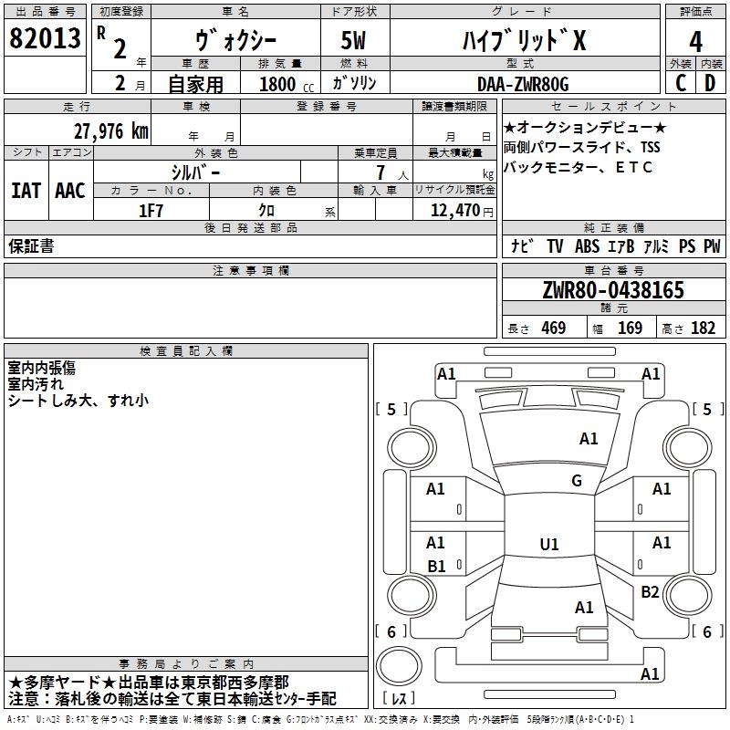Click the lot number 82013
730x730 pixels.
(45, 37)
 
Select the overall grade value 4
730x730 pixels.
(695, 41)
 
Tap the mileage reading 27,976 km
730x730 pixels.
(111, 131)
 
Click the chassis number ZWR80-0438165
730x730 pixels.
(613, 289)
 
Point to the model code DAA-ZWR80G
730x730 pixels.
(523, 84)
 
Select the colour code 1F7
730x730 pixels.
(151, 211)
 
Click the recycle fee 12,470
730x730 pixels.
(454, 210)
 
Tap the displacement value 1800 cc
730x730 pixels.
(287, 84)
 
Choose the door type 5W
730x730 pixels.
(353, 40)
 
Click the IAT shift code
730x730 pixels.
(26, 191)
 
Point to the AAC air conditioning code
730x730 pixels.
(70, 191)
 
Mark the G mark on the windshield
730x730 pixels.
(577, 481)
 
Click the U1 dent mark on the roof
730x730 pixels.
(549, 544)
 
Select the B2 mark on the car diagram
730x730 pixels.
(650, 591)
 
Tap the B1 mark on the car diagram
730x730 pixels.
(436, 566)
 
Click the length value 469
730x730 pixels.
(554, 328)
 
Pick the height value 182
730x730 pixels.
(703, 328)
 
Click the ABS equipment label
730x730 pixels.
(587, 246)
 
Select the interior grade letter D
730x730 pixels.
(710, 83)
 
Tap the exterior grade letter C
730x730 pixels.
(681, 83)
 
